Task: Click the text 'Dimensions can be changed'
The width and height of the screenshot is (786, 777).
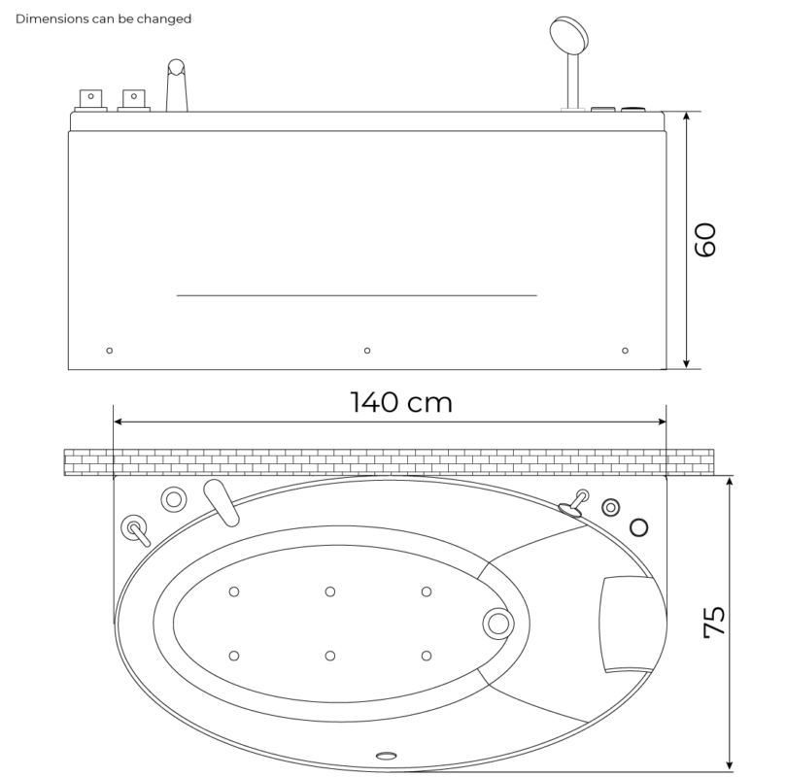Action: point(104,18)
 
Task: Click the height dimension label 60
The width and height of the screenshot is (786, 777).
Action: point(706,239)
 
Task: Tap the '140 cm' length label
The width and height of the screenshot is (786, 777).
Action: point(401,402)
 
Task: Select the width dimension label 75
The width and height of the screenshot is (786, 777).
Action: point(714,622)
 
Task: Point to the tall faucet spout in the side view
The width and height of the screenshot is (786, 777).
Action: point(176,87)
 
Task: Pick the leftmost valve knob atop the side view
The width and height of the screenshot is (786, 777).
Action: point(91,98)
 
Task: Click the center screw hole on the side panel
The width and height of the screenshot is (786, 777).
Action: point(366,350)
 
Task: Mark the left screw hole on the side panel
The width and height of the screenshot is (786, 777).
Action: point(109,350)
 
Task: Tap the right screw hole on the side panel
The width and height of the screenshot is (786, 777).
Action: point(625,350)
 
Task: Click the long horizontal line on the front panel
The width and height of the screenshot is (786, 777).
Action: point(357,294)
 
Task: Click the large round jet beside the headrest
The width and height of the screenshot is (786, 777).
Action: point(498,623)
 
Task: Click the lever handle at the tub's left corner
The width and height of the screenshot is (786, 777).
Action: point(134,530)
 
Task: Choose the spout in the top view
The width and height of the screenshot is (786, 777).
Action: point(223,502)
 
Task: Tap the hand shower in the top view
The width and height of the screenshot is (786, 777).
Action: point(575,503)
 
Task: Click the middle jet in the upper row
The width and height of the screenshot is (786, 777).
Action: point(330,591)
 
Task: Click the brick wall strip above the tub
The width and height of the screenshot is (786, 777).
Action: point(389,462)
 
